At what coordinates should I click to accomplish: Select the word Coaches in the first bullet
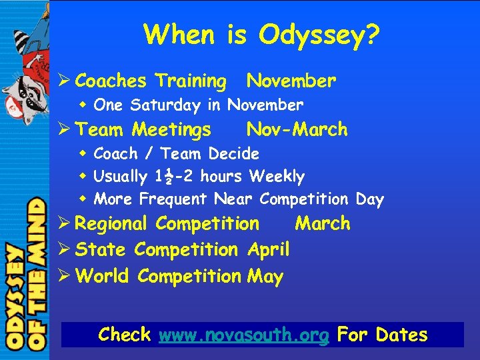(111, 81)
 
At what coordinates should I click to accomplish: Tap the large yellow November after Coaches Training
(291, 81)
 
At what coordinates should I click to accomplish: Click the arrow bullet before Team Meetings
(65, 129)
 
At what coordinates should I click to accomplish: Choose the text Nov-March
(297, 129)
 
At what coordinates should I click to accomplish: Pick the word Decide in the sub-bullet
(233, 154)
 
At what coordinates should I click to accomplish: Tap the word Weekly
(277, 177)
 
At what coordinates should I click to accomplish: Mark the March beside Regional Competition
(323, 224)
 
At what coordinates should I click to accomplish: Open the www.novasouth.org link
(244, 335)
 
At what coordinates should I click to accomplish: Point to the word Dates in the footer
(401, 335)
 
